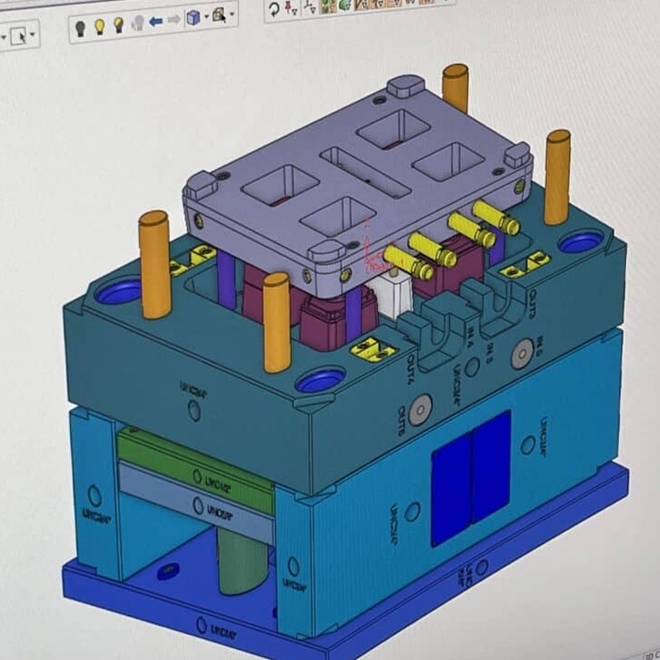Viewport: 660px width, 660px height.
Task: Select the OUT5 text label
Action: tap(402, 416)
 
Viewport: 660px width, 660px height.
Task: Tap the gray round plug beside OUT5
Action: tap(421, 407)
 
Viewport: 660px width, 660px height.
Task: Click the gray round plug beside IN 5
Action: tap(521, 355)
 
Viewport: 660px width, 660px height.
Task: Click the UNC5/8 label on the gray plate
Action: tap(216, 505)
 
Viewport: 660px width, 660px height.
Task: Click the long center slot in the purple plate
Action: tap(365, 172)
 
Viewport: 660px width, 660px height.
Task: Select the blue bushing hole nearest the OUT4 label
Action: tap(320, 380)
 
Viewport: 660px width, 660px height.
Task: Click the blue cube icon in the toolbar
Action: tap(193, 18)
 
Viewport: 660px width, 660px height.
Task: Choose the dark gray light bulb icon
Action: tap(81, 26)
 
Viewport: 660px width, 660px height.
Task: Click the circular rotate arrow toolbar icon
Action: tap(274, 11)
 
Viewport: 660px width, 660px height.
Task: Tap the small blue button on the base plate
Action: tap(170, 570)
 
